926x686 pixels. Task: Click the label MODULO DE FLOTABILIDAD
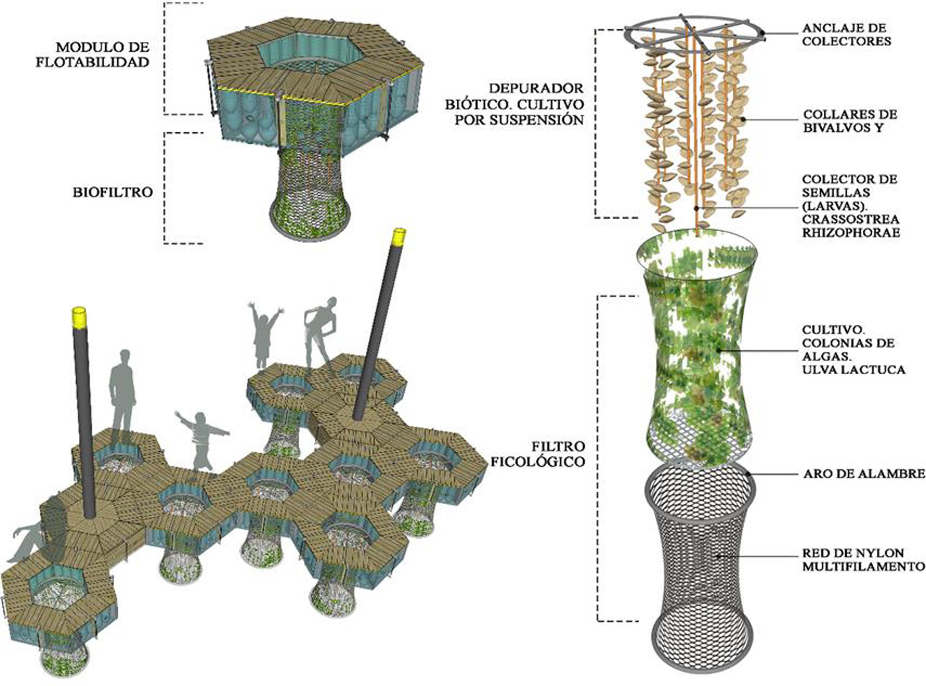92,54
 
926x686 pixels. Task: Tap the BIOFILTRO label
113,192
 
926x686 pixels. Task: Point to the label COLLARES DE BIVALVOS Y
849,121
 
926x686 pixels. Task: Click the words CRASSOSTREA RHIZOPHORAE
851,225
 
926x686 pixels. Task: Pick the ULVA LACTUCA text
854,369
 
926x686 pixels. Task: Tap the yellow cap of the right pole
399,235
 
